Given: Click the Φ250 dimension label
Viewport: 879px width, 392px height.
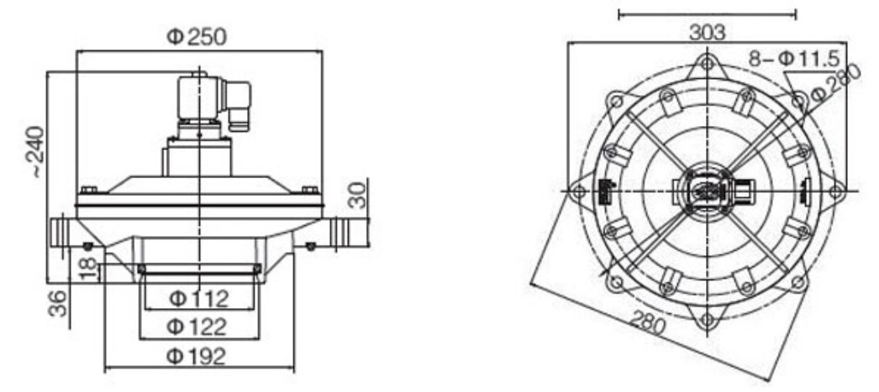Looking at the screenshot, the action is (197, 37).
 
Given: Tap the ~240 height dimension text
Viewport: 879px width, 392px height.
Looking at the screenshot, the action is (36, 152).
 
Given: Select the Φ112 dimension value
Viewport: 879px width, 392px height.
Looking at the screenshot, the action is (199, 299).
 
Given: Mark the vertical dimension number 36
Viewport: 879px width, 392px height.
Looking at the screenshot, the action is (58, 303).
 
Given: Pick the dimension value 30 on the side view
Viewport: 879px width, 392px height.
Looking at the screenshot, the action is (359, 194).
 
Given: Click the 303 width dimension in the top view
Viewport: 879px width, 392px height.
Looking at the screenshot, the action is (707, 33).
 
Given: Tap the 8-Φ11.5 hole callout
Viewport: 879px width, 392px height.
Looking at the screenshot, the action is (794, 58).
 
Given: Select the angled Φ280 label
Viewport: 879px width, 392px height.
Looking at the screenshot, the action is (834, 81).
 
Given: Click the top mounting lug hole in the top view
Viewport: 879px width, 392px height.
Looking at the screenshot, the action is (708, 62).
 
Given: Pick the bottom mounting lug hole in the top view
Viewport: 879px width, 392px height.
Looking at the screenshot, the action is (708, 320).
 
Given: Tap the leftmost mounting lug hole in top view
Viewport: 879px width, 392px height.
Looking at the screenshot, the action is (578, 191).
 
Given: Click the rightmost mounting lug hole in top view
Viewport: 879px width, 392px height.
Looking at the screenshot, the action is (836, 191).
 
